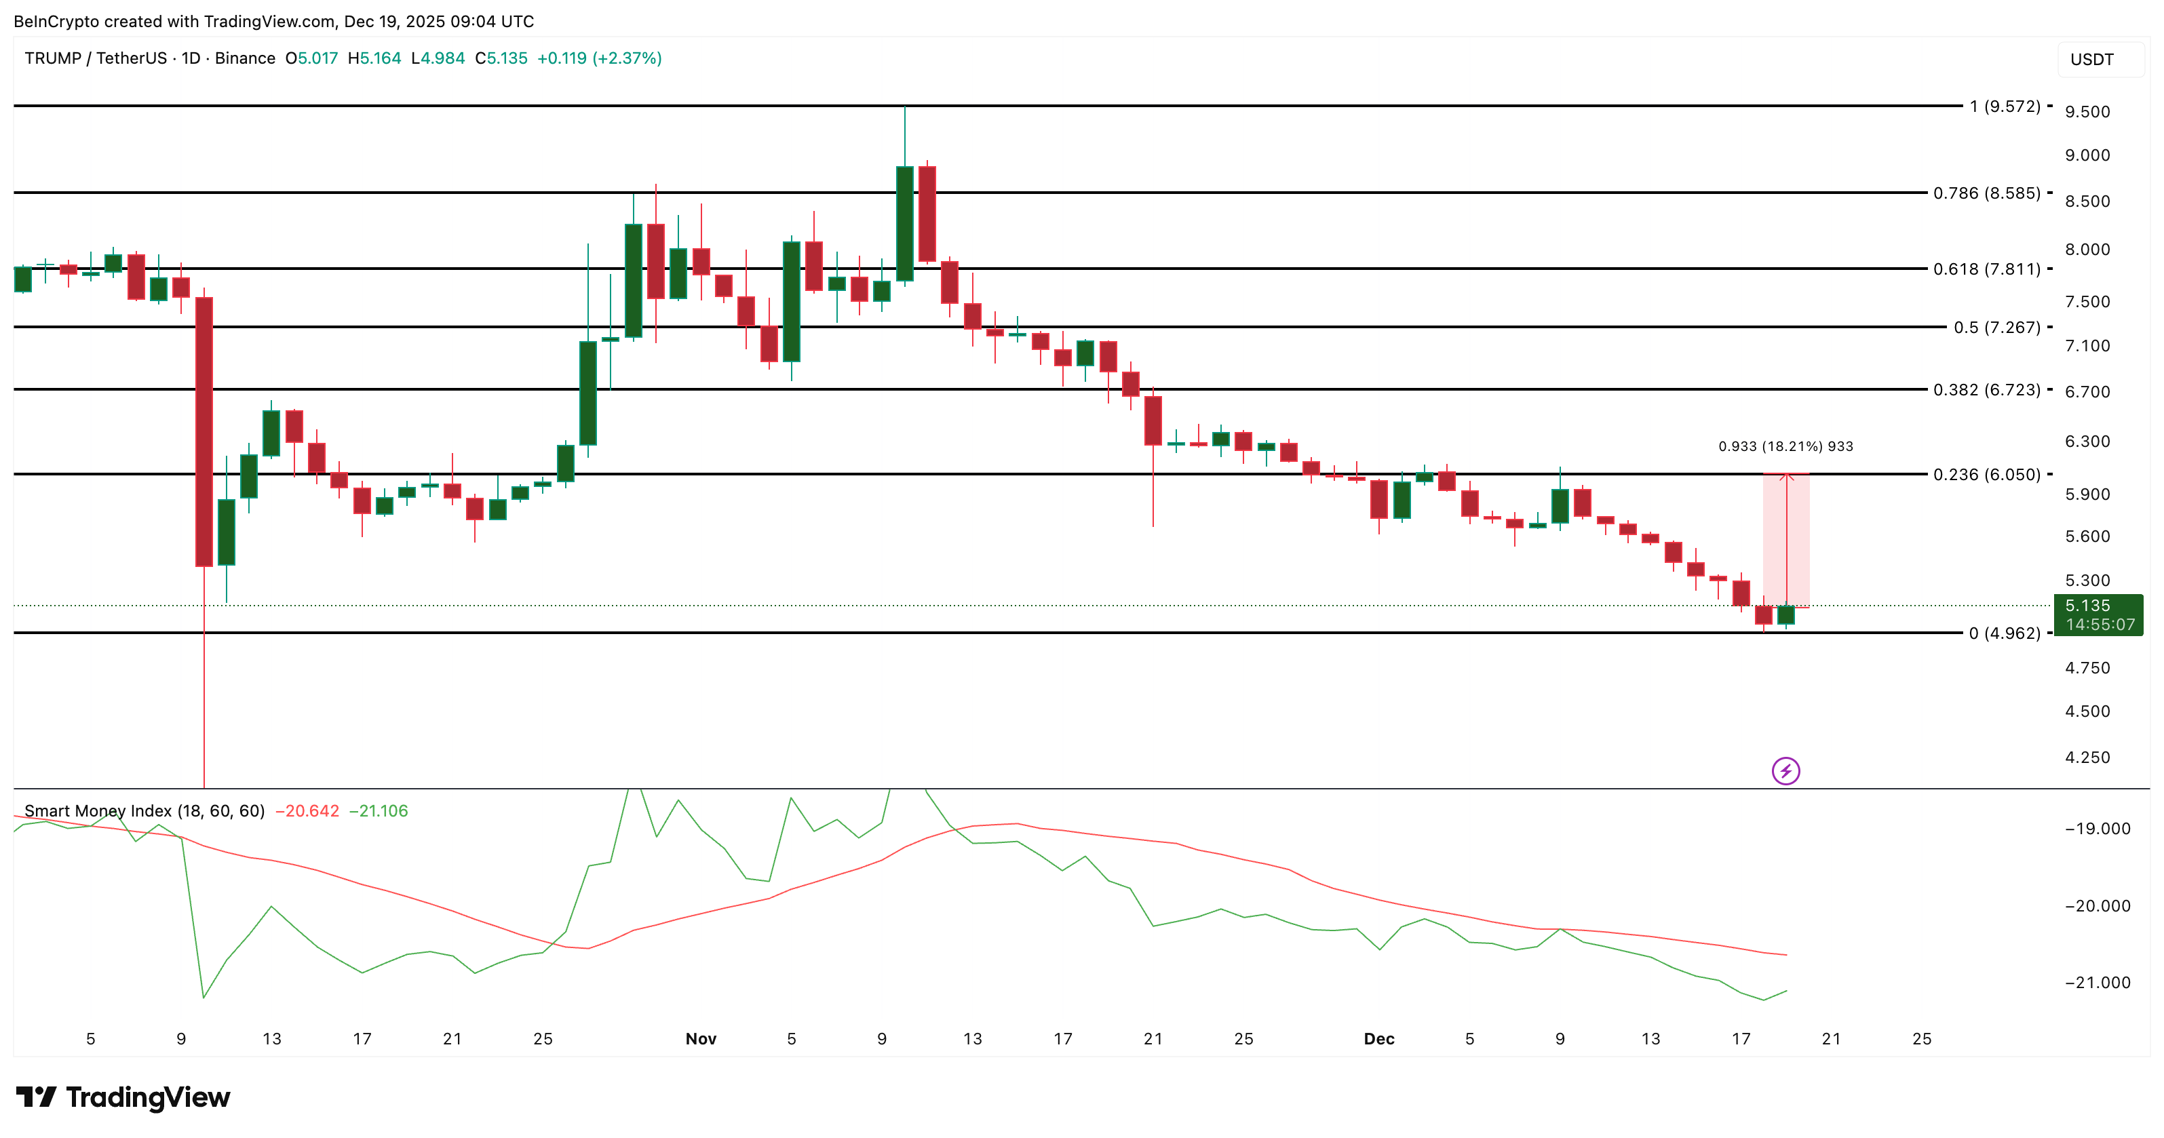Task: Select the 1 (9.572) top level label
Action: click(x=2005, y=106)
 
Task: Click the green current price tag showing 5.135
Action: click(x=2098, y=614)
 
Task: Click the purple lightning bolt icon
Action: click(x=1785, y=770)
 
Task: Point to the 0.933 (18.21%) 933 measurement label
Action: click(x=1785, y=446)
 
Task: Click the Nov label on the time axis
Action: click(x=701, y=1039)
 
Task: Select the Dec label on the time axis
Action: click(x=1378, y=1039)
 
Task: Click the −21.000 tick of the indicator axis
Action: click(x=2097, y=983)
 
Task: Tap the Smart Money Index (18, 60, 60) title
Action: click(x=144, y=810)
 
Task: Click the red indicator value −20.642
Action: click(x=307, y=810)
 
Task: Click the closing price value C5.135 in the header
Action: click(x=501, y=58)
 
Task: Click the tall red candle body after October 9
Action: click(x=204, y=432)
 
